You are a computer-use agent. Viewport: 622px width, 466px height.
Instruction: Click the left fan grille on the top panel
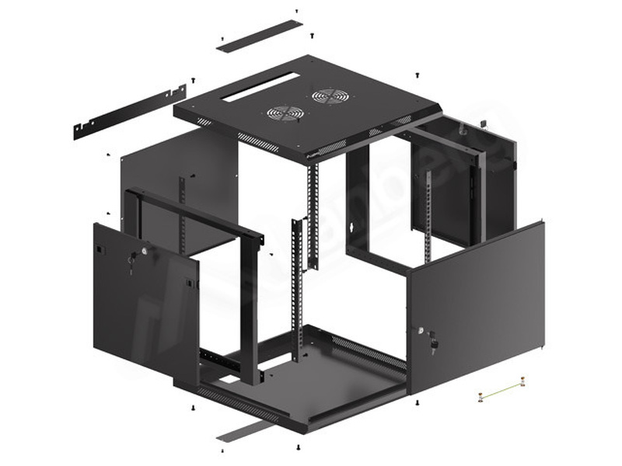pos(285,113)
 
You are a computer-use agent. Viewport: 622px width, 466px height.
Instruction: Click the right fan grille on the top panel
pos(330,96)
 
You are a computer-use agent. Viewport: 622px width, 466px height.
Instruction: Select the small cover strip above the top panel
pos(259,36)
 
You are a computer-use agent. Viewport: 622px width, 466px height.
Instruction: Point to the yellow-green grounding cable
pos(502,388)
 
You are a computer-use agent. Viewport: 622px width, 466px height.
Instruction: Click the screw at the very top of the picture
pos(296,11)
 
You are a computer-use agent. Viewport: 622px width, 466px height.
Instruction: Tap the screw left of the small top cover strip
pos(222,38)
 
